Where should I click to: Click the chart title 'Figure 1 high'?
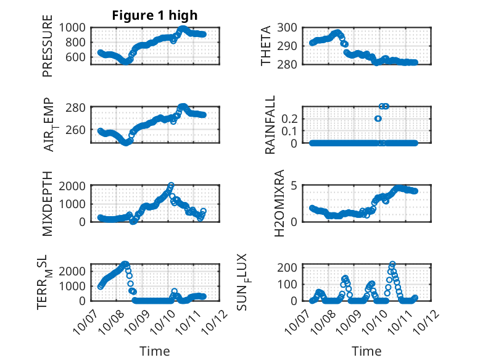(x=154, y=15)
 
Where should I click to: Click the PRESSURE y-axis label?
(x=48, y=50)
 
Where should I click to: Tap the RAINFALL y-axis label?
(x=270, y=125)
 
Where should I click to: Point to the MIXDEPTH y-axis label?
(x=48, y=204)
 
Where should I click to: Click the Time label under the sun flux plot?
(x=366, y=351)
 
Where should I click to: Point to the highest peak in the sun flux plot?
(x=392, y=264)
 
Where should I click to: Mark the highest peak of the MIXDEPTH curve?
(x=171, y=185)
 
